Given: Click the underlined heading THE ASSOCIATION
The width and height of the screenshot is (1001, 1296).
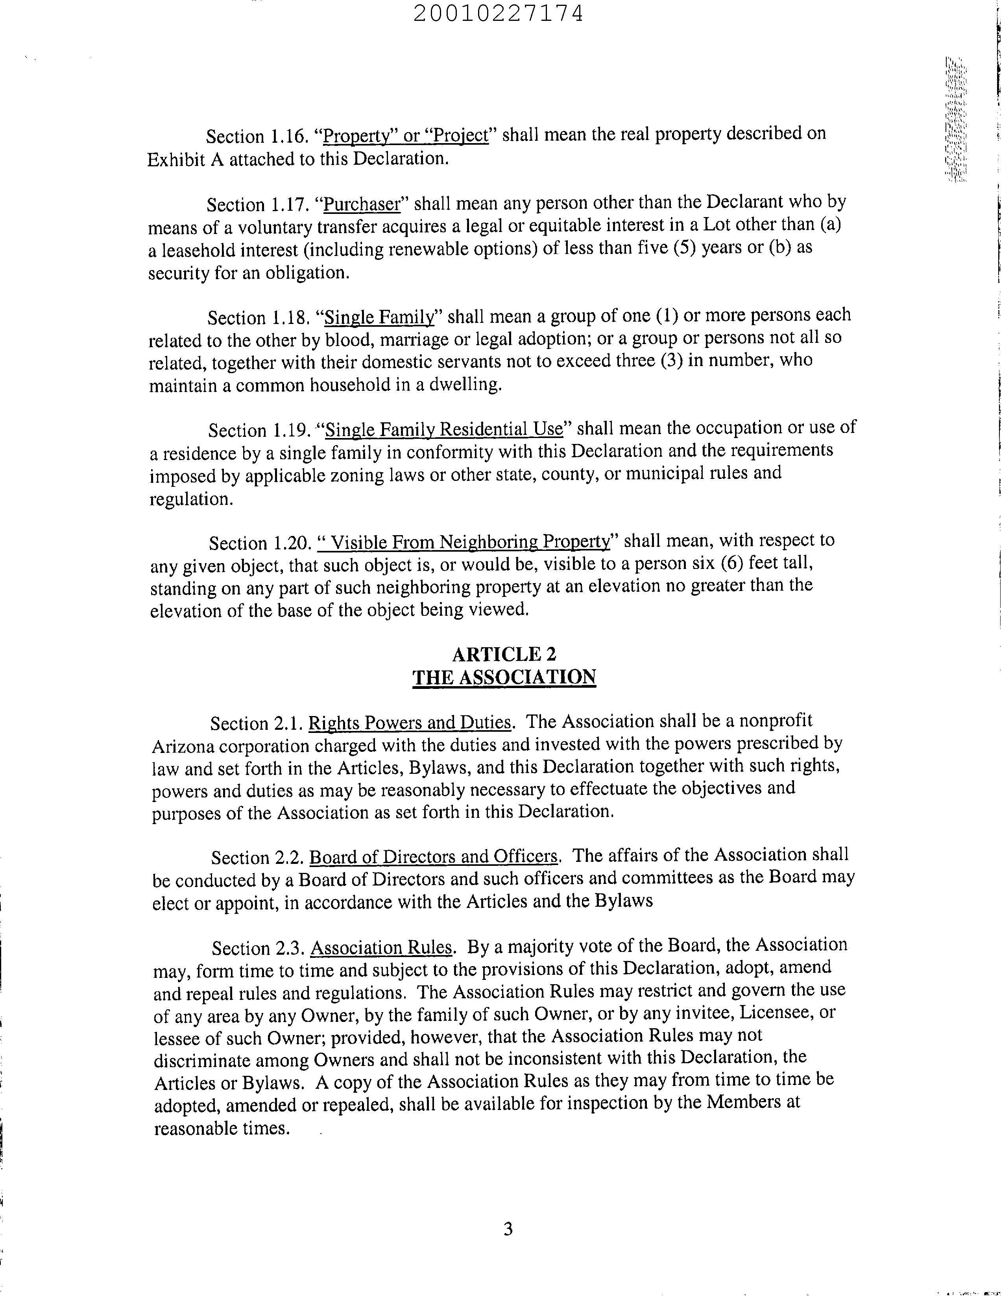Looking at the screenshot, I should click(x=504, y=677).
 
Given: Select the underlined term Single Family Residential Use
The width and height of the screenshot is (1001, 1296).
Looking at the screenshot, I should click(x=444, y=429).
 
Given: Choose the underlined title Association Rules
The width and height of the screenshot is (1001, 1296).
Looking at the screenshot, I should click(x=381, y=947).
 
